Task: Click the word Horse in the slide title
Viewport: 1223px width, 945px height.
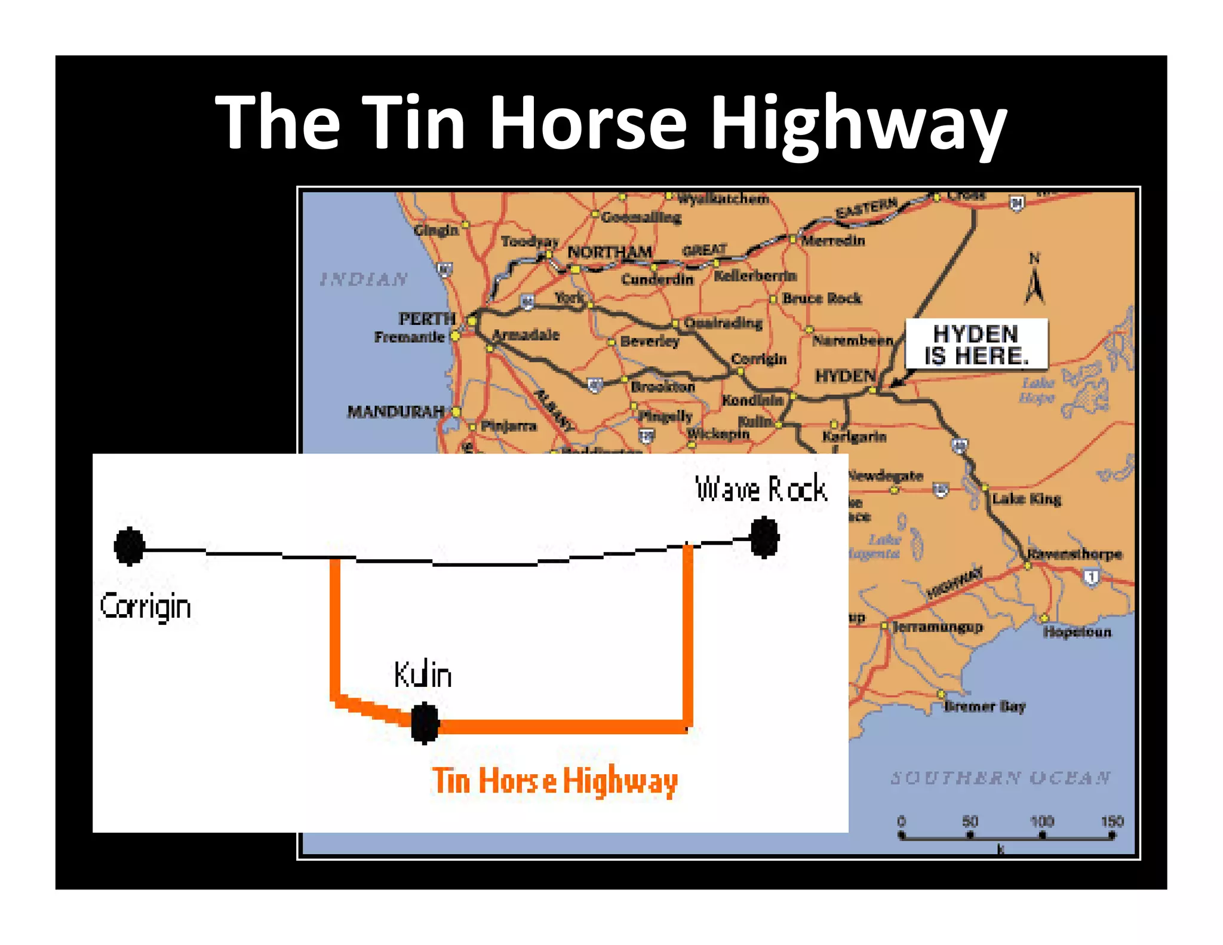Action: (588, 122)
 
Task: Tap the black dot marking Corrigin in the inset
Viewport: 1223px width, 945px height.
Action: (130, 546)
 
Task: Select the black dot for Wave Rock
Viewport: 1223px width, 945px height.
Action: (764, 538)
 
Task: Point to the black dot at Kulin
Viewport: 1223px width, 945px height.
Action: (425, 723)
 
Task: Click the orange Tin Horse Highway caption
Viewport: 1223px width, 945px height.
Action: (555, 781)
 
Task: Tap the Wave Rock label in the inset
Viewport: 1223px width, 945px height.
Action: (761, 489)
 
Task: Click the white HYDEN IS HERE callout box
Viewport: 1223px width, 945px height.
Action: (976, 345)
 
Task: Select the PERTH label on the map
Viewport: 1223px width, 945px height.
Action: (427, 318)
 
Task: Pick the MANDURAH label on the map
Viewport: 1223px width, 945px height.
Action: (396, 412)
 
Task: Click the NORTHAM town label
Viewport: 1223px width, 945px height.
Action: (609, 252)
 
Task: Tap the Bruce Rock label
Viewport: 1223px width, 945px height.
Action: (822, 298)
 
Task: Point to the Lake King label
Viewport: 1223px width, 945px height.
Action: (1027, 499)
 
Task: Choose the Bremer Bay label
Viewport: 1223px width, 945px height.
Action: (984, 707)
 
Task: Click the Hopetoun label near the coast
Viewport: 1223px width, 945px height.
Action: (1077, 632)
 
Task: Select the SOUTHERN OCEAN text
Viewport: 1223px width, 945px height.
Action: (1000, 778)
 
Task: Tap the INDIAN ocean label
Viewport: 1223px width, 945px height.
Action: (364, 279)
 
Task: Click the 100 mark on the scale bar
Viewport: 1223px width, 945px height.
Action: (1042, 821)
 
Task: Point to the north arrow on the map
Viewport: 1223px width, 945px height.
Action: (1035, 281)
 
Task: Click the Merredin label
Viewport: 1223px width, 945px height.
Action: (833, 241)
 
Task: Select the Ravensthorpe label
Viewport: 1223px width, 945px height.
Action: (1074, 554)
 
